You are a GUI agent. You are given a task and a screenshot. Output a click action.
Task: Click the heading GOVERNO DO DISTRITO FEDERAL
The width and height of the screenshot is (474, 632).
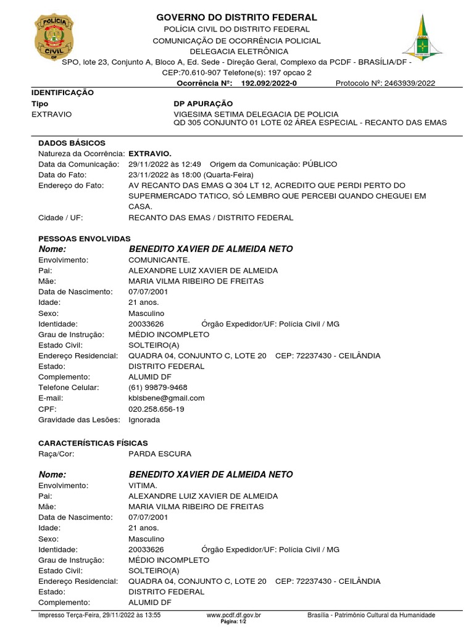point(237,17)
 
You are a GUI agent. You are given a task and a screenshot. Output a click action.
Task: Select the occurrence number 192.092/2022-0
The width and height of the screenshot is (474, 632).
point(269,82)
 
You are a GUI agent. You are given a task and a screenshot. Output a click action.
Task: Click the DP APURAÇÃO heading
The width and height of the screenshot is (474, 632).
point(204,104)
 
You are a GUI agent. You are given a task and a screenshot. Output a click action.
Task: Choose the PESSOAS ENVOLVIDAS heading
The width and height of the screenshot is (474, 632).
point(84,238)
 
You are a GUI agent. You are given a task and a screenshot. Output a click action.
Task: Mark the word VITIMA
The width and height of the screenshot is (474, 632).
point(142,486)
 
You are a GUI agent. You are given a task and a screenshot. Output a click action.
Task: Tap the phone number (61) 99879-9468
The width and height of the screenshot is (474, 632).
point(157,388)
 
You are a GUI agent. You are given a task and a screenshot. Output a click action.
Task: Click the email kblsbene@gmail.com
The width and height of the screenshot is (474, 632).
point(166,398)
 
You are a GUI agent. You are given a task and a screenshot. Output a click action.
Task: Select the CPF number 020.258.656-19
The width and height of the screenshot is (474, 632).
point(156,409)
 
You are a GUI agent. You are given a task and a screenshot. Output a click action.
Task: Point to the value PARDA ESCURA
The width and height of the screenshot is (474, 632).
point(159,454)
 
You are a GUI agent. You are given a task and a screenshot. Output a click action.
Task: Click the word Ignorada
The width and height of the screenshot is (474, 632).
point(144,420)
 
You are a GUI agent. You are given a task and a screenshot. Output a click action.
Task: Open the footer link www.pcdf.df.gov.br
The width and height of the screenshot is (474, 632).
point(233,615)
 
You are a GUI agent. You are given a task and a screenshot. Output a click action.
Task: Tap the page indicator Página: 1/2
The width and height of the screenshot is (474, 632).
point(233,622)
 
